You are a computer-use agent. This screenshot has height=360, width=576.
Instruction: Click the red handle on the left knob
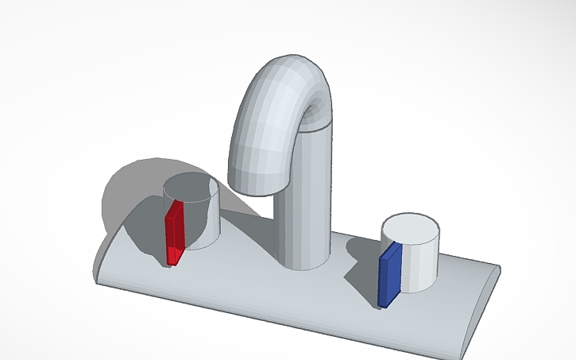click(174, 230)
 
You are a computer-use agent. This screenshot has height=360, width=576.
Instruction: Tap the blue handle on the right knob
click(389, 274)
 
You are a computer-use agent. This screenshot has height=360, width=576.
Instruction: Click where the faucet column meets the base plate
click(302, 262)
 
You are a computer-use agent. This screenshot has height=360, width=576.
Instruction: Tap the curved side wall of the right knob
click(421, 262)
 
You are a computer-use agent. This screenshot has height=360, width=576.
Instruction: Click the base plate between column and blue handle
click(350, 270)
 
